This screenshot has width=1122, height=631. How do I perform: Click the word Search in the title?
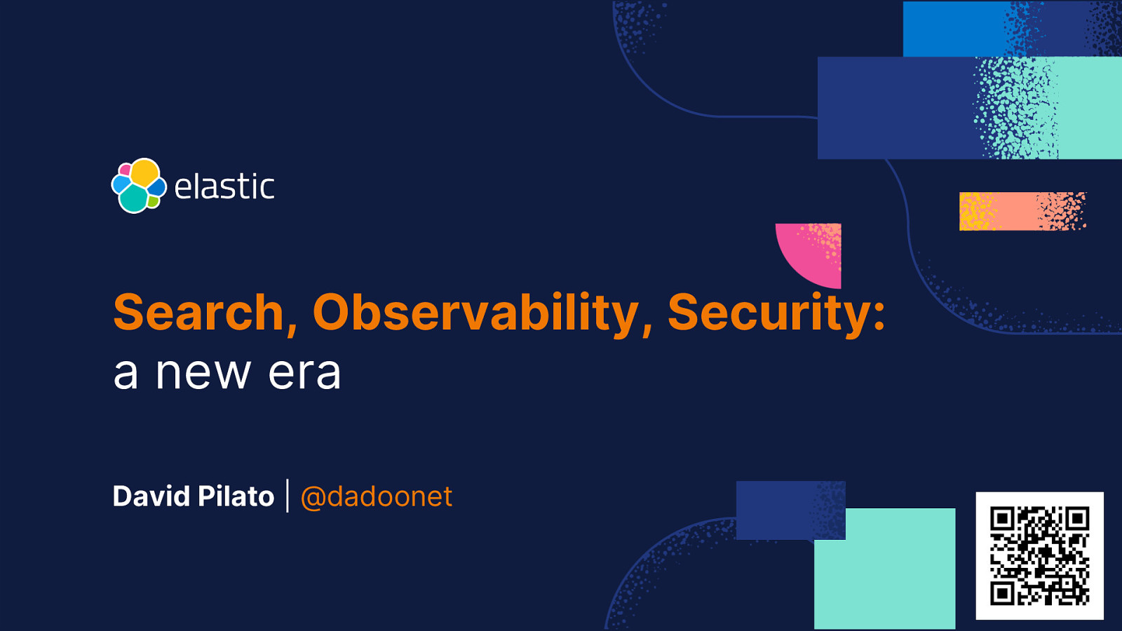tap(198, 312)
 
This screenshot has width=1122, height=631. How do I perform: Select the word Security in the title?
tap(769, 312)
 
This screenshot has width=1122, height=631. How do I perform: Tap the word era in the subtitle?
tap(304, 373)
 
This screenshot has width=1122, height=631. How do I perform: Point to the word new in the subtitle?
tap(203, 373)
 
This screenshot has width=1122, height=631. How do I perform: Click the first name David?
tap(151, 496)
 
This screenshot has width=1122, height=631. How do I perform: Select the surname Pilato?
tap(236, 496)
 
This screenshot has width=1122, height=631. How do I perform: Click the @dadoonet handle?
tap(376, 496)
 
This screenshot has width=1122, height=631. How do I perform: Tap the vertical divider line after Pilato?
tap(288, 496)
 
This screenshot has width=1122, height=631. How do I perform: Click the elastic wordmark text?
tap(224, 186)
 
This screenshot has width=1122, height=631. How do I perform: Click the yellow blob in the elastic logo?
tap(145, 172)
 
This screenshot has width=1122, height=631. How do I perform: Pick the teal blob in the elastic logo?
tap(133, 199)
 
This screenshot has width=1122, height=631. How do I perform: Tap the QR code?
tap(1039, 555)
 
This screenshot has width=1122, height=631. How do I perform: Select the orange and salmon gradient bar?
tap(1022, 211)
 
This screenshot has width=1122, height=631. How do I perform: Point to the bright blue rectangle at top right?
tap(954, 29)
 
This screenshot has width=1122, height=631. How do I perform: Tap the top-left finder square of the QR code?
tap(1002, 520)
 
